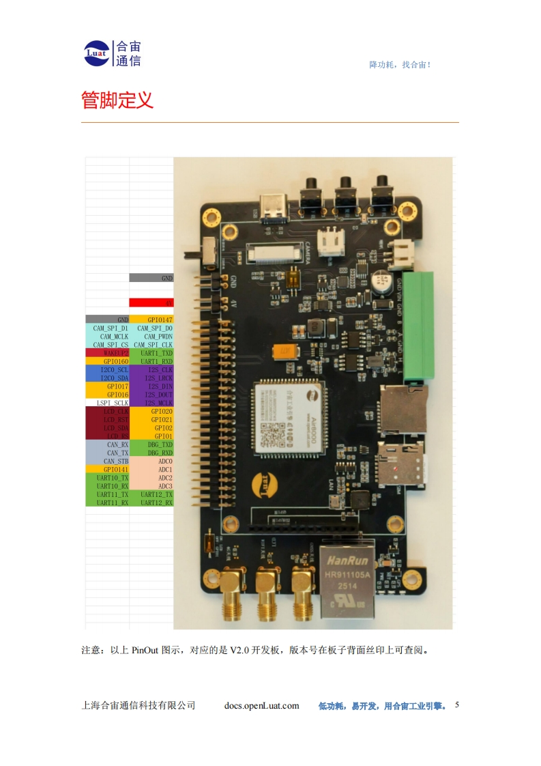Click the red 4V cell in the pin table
[151, 302]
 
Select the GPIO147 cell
[151, 320]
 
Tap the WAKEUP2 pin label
[107, 353]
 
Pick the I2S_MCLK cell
[151, 403]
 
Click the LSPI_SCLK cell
[107, 403]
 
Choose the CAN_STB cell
[107, 462]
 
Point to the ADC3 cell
[151, 486]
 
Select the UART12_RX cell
[151, 502]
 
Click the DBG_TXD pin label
[151, 444]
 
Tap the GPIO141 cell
[107, 470]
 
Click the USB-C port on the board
[273, 208]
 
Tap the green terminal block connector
[418, 326]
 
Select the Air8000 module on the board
[286, 416]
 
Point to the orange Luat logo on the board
[264, 483]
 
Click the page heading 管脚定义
[117, 100]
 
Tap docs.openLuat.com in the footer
[261, 705]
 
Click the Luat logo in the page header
[97, 53]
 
